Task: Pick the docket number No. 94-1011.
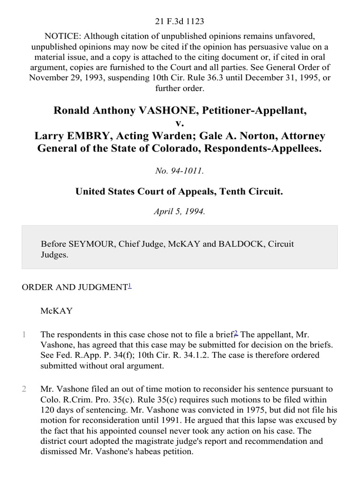(x=180, y=171)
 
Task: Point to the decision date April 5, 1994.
(x=180, y=211)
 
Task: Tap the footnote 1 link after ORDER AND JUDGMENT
(x=130, y=285)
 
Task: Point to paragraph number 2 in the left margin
(x=24, y=389)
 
